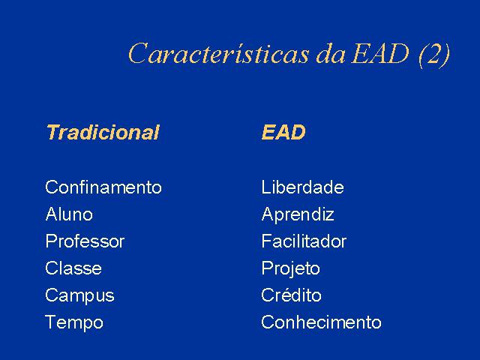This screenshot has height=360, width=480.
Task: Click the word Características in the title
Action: tap(219, 53)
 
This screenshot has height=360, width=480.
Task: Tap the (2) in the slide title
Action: tap(434, 54)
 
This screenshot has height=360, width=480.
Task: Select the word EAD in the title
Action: tap(380, 53)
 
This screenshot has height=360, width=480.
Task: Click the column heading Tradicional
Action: tap(103, 132)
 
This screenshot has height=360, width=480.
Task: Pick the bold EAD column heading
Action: tap(283, 132)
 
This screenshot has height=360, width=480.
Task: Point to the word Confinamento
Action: tap(103, 187)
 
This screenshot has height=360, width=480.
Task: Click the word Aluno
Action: tap(69, 214)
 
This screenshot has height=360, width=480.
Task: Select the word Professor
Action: tap(85, 241)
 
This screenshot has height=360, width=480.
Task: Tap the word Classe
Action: tap(73, 268)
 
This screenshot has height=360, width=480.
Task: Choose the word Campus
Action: tap(79, 296)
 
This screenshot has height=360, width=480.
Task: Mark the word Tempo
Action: tap(74, 323)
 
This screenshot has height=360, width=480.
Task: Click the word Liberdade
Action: tap(302, 187)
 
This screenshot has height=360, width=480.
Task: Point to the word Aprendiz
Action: tap(298, 215)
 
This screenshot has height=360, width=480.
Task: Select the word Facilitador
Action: tap(304, 241)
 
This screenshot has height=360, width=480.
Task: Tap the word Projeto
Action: tap(290, 269)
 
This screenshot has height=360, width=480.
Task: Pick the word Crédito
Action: tap(291, 295)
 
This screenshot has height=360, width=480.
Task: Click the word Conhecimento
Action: tap(322, 322)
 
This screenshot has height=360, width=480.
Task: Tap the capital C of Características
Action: tap(138, 53)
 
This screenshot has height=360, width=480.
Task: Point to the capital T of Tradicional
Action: tap(53, 132)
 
